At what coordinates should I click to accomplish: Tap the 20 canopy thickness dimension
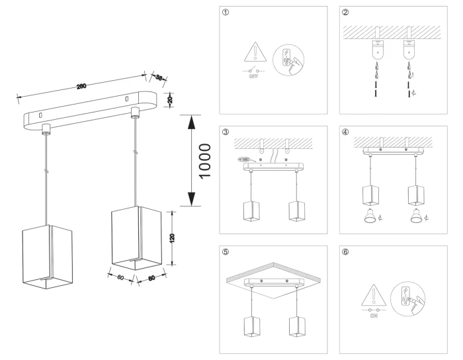point(170,99)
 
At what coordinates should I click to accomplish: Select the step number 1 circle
point(227,13)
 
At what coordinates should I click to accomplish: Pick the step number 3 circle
point(227,132)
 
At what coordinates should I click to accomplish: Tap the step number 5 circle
point(227,251)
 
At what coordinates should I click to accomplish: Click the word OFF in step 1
point(253,76)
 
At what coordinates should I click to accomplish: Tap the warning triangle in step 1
point(253,50)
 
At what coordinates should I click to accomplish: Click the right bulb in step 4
point(417,216)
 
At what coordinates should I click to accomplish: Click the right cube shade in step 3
point(297,208)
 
